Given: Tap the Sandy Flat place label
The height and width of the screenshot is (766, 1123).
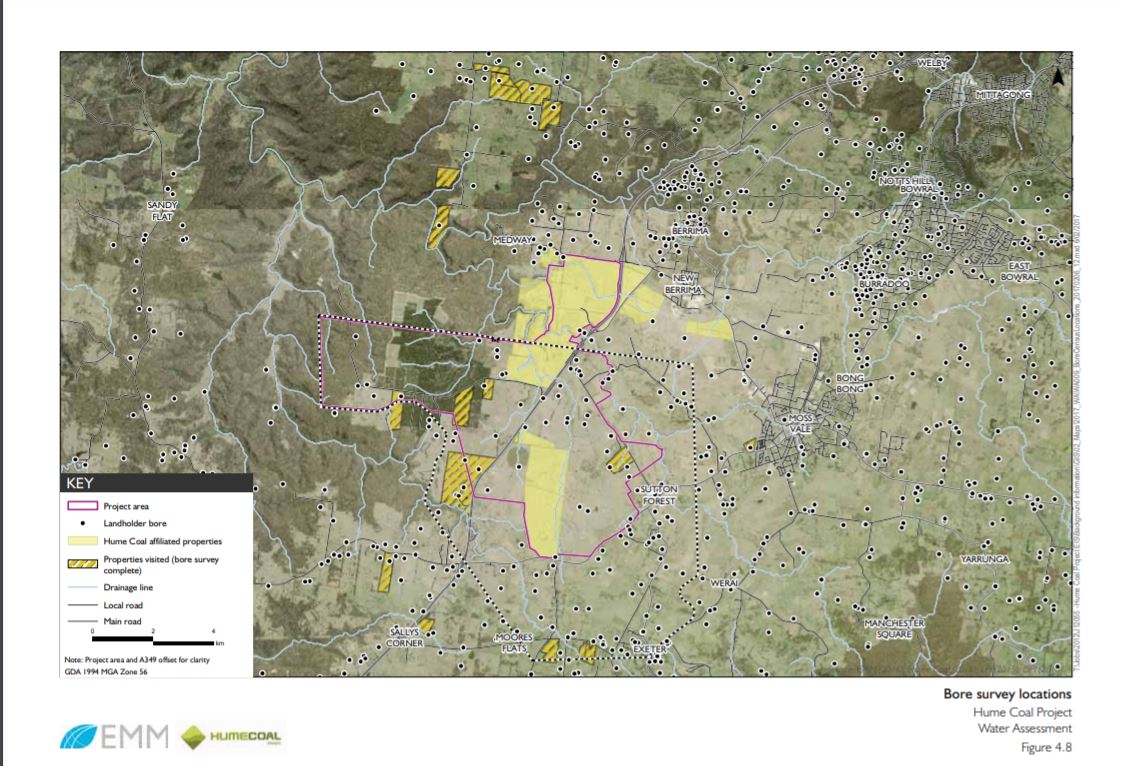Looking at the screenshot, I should (162, 210).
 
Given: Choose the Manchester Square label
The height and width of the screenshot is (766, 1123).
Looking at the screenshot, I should (894, 628).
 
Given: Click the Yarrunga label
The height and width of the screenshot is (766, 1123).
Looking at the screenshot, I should (984, 557).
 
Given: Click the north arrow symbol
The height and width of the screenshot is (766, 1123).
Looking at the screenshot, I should (1058, 76).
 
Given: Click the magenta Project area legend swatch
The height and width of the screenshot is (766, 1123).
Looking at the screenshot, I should (82, 507).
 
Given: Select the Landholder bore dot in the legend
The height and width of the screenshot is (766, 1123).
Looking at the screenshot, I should (82, 523).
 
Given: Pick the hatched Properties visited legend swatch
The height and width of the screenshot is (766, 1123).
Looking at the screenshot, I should (82, 564).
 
